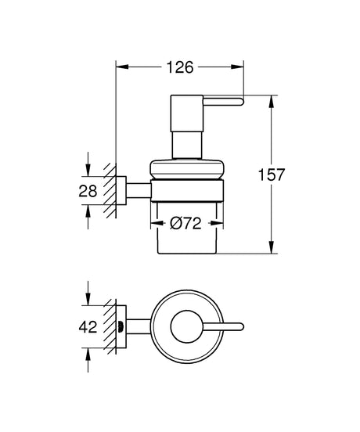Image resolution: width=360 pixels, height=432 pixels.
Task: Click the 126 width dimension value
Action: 181,67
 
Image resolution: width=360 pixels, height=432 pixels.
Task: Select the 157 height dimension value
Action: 271,175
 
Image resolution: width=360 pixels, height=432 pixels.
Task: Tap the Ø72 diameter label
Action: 185,223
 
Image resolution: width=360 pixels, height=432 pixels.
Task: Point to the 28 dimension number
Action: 88,191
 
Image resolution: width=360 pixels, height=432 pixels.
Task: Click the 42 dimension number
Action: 88,327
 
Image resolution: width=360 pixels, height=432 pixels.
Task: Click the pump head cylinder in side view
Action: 187,113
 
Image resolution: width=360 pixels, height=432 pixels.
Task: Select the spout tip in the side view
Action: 241,102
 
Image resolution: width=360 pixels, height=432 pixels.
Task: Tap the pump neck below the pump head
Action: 187,145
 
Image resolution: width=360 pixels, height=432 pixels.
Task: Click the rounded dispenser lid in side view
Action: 187,169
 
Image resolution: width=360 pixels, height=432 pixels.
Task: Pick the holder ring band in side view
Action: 187,191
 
